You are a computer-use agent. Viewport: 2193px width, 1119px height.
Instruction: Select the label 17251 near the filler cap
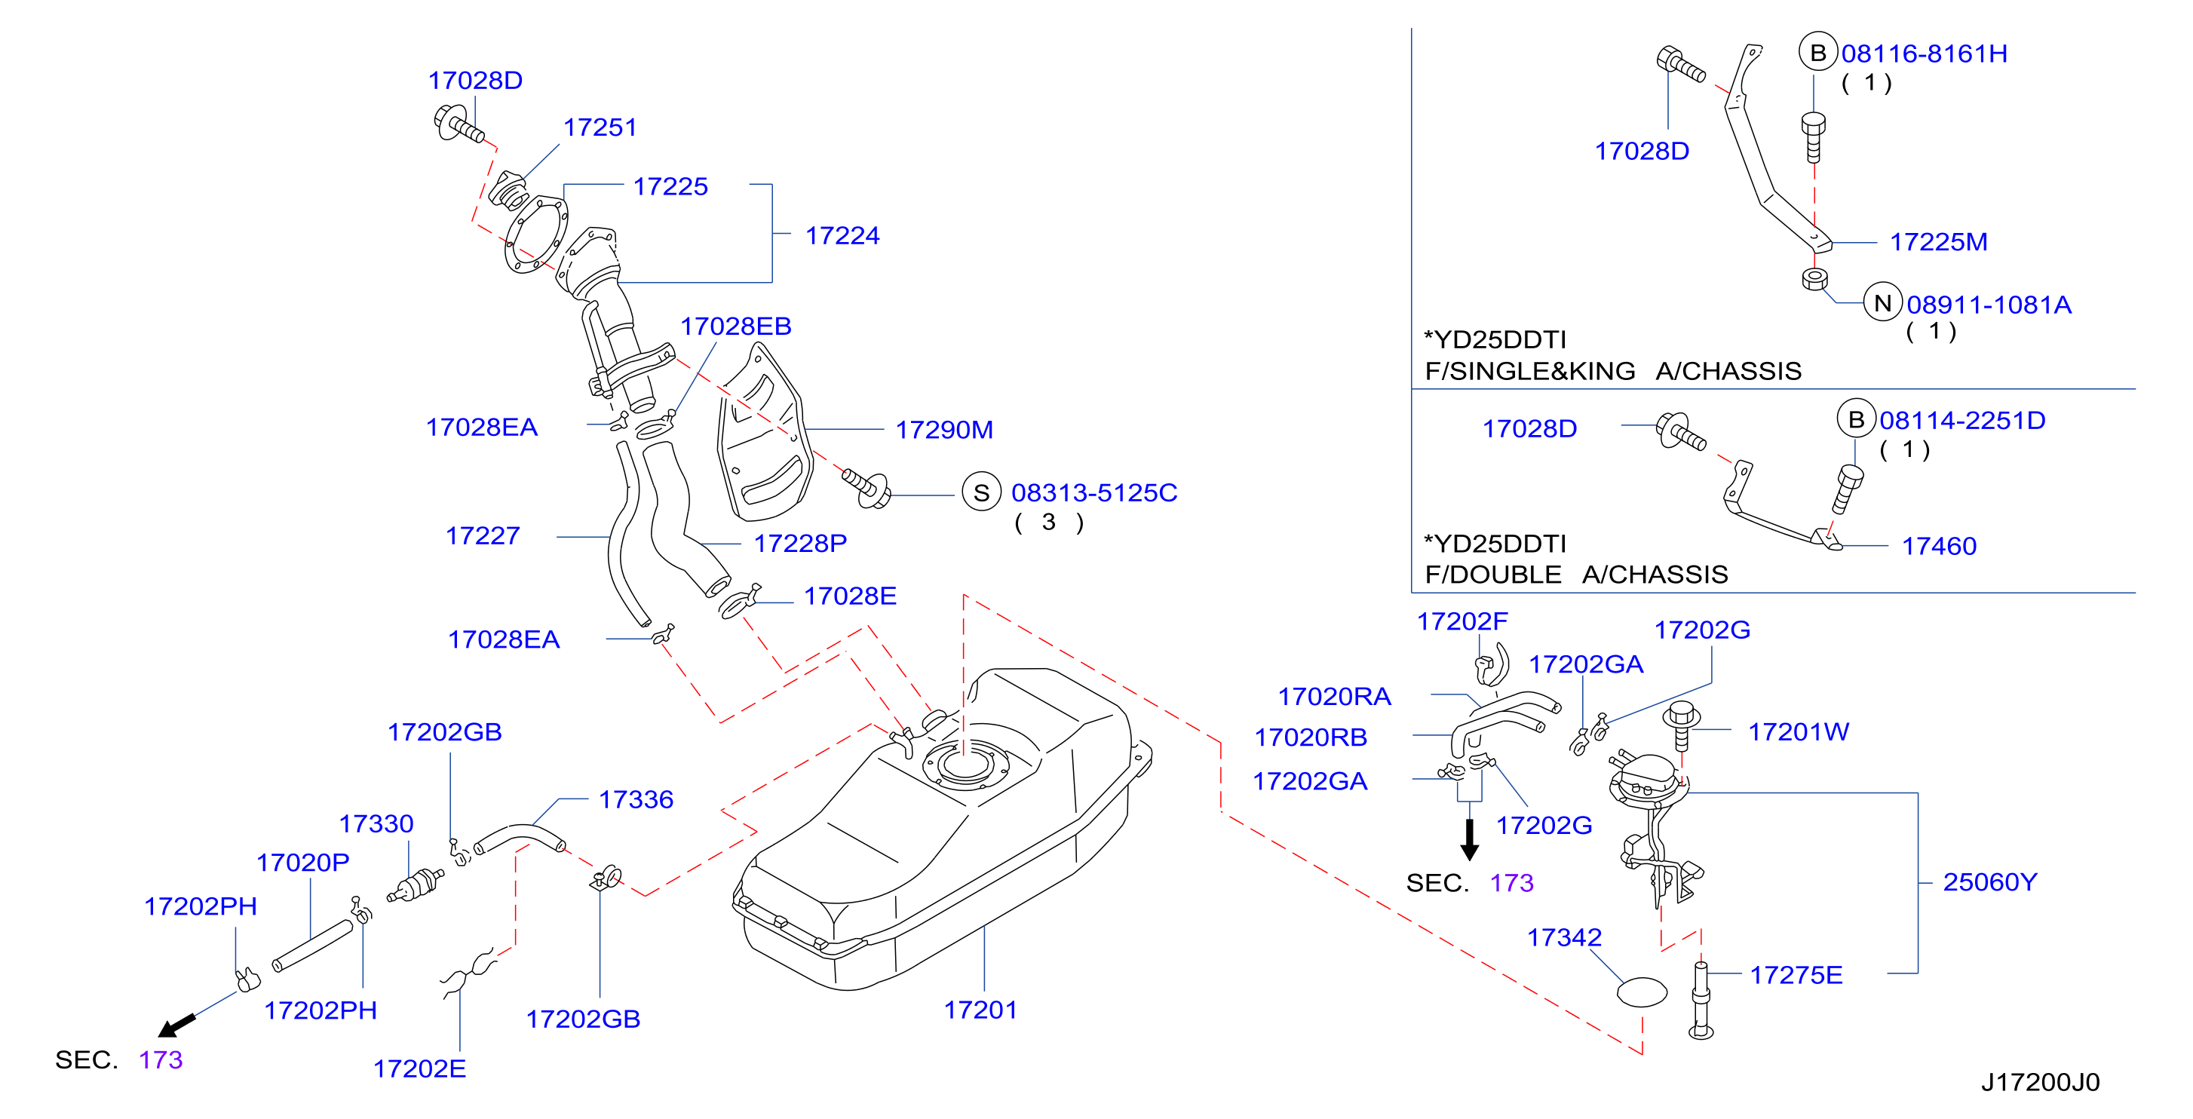tap(600, 127)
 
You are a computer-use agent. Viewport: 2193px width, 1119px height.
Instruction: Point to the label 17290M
tap(944, 430)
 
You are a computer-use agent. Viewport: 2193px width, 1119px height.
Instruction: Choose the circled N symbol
tap(1882, 302)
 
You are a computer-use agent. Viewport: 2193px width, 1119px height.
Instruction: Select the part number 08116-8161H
tap(1924, 54)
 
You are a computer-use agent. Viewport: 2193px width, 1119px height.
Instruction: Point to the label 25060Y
tap(1989, 881)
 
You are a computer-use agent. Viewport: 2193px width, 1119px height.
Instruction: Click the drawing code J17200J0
tap(2040, 1081)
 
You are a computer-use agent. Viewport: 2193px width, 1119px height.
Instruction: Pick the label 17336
tap(636, 799)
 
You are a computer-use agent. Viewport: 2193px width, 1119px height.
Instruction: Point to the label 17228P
tap(800, 543)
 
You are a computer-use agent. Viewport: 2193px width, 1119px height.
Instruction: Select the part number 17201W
tap(1798, 732)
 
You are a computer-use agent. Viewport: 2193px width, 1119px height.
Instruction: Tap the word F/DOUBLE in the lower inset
tap(1493, 575)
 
